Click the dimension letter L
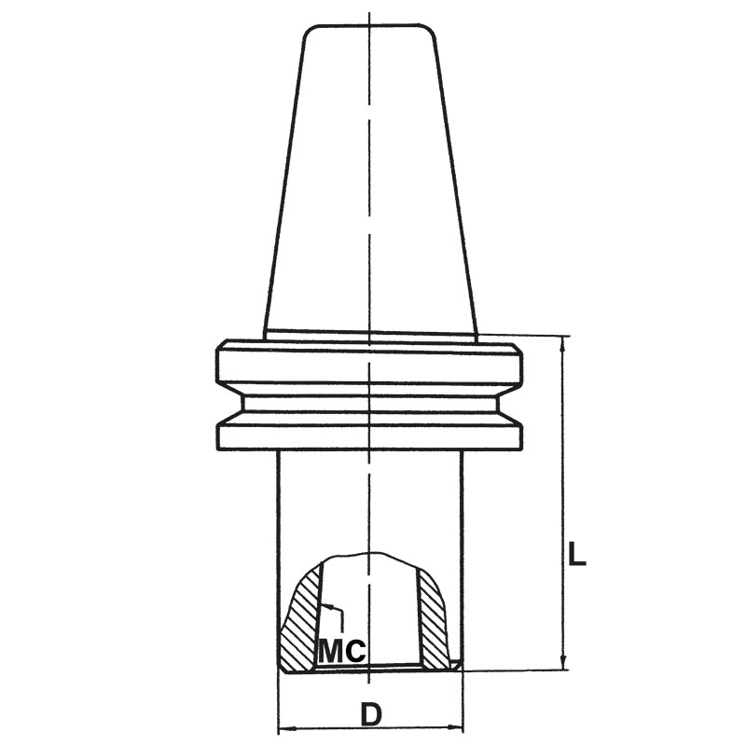pyautogui.click(x=577, y=556)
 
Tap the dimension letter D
pyautogui.click(x=371, y=714)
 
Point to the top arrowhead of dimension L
pyautogui.click(x=563, y=343)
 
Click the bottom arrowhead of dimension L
pyautogui.click(x=563, y=661)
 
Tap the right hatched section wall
pyautogui.click(x=434, y=620)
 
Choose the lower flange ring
pyautogui.click(x=369, y=435)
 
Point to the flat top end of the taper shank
pyautogui.click(x=370, y=26)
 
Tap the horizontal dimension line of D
pyautogui.click(x=326, y=727)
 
